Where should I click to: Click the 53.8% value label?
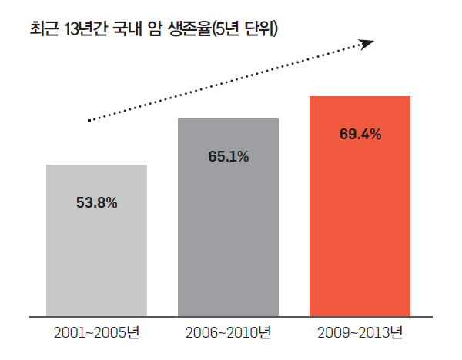(96, 203)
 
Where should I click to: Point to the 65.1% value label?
(228, 157)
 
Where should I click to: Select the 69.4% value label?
(360, 135)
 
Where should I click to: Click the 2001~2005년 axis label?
(96, 334)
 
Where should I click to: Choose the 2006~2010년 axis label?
(228, 334)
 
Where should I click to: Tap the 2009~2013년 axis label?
(360, 334)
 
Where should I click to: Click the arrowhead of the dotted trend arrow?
(367, 43)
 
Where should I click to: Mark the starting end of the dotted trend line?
(90, 120)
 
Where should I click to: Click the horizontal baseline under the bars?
(231, 316)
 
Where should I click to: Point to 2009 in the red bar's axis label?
(332, 334)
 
